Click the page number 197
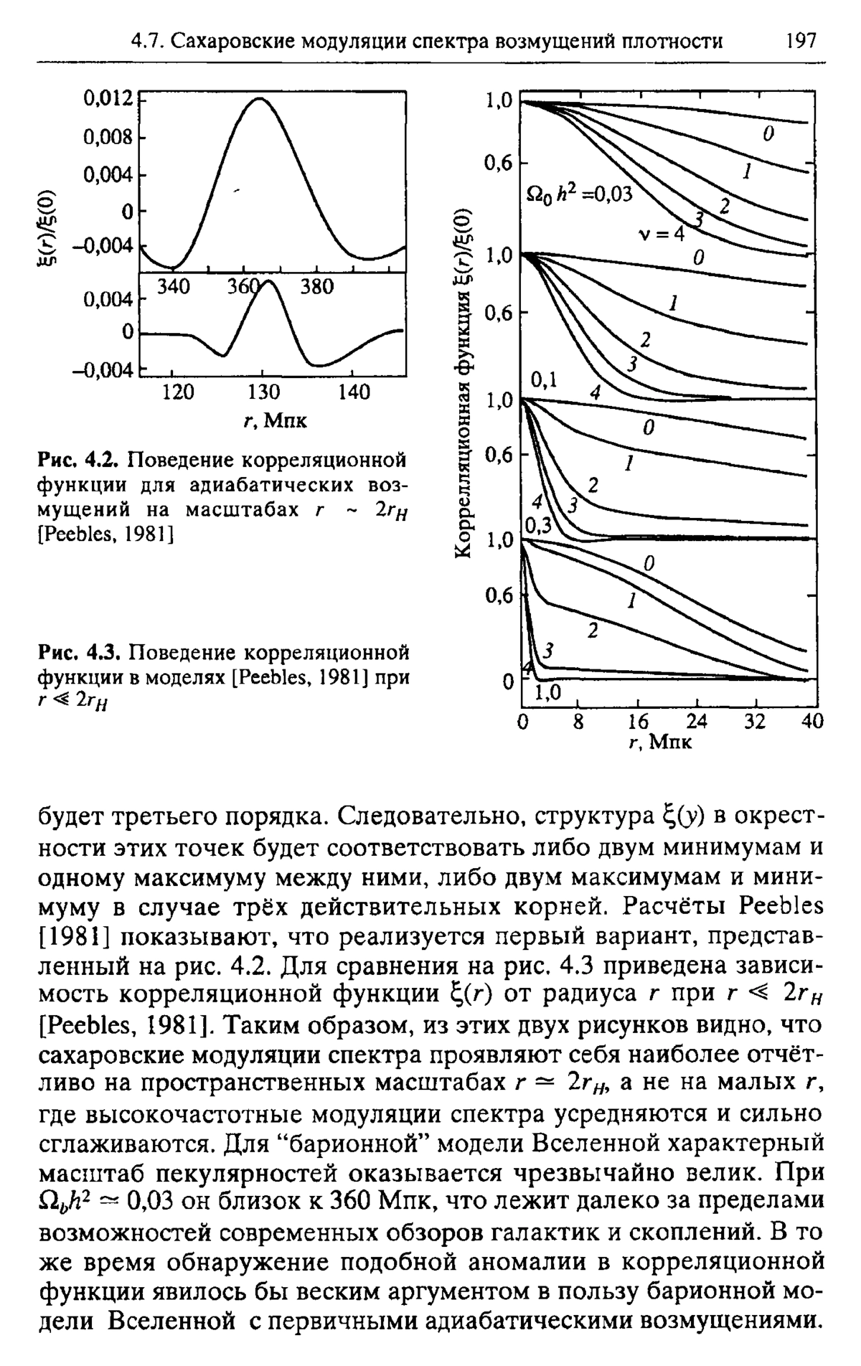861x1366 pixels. [801, 40]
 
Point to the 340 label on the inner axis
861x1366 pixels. [172, 287]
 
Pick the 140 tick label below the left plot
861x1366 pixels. [353, 392]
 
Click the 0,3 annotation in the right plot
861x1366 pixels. [538, 526]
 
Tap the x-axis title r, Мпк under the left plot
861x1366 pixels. [267, 420]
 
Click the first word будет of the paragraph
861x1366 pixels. [78, 818]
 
